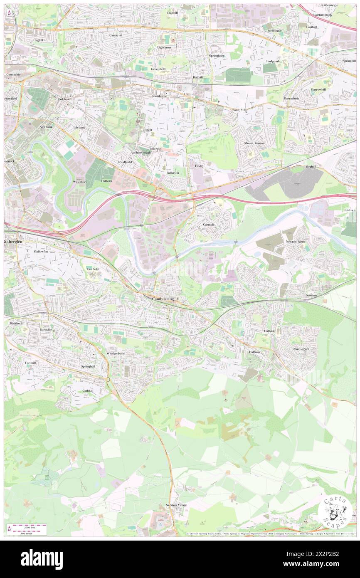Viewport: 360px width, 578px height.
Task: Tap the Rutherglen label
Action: coord(15,242)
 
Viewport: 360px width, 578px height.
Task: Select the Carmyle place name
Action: coord(209,225)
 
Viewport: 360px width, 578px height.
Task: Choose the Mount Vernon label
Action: coord(254,143)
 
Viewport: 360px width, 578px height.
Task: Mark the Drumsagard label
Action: coord(300,349)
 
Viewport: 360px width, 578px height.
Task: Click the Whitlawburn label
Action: coord(115,353)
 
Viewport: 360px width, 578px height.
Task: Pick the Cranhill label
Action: coord(172,13)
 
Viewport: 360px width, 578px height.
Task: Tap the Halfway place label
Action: coord(254,352)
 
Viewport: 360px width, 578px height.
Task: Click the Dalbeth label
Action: coord(106,181)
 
